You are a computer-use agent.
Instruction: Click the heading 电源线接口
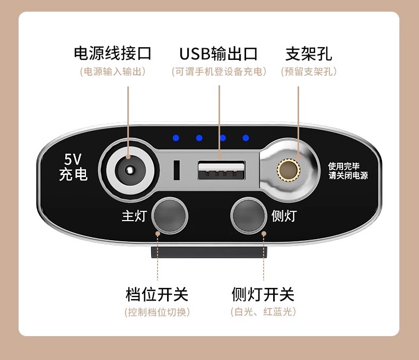pyautogui.click(x=113, y=54)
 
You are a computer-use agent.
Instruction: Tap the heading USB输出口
pyautogui.click(x=219, y=54)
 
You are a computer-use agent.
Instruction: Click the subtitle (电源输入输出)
pyautogui.click(x=113, y=71)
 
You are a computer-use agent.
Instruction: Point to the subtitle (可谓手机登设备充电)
pyautogui.click(x=219, y=71)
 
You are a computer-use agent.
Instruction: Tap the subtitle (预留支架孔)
pyautogui.click(x=309, y=71)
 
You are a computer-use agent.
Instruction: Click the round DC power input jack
pyautogui.click(x=128, y=170)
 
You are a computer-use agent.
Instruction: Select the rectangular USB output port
pyautogui.click(x=221, y=171)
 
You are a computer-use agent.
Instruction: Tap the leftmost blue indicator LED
pyautogui.click(x=176, y=138)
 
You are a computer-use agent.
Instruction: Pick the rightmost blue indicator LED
pyautogui.click(x=246, y=138)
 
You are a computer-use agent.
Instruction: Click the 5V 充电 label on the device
pyautogui.click(x=73, y=167)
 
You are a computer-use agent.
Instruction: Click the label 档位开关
pyautogui.click(x=157, y=294)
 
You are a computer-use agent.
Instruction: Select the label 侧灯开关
pyautogui.click(x=263, y=294)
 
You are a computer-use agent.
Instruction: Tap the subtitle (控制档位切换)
pyautogui.click(x=158, y=312)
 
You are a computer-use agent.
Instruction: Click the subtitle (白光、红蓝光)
pyautogui.click(x=263, y=312)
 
